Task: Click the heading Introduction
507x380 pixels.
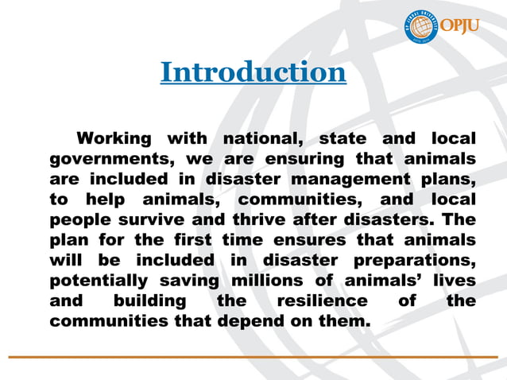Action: pyautogui.click(x=253, y=72)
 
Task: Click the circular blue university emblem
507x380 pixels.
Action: pyautogui.click(x=422, y=25)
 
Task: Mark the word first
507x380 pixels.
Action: pyautogui.click(x=190, y=239)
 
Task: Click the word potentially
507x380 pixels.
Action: pyautogui.click(x=99, y=281)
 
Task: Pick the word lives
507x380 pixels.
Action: pyautogui.click(x=452, y=281)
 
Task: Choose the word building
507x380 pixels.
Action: pyautogui.click(x=150, y=301)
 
